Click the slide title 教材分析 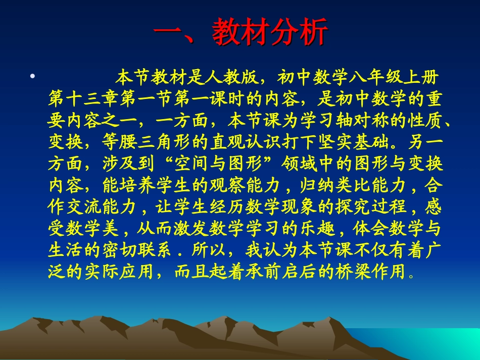tap(241, 33)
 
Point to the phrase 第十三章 tap(86, 100)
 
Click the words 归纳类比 tap(338, 186)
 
